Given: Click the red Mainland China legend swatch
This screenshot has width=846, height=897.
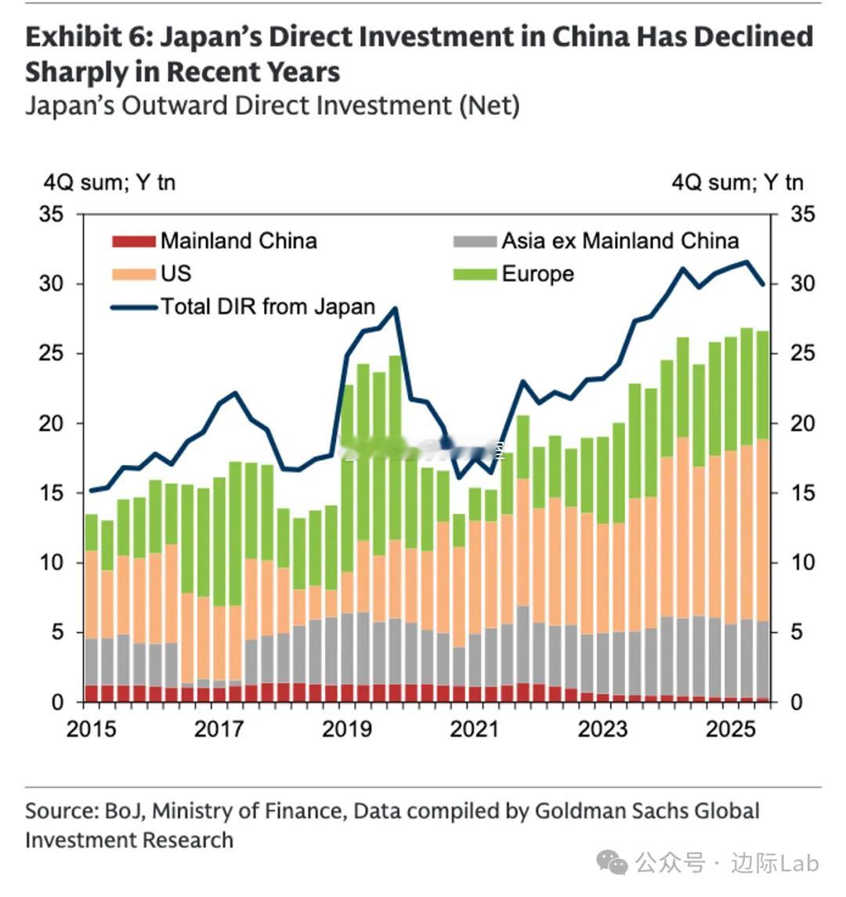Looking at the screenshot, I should [134, 241].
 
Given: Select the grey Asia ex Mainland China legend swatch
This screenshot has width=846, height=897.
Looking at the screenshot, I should [475, 241].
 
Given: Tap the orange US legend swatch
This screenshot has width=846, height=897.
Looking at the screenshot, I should [134, 274].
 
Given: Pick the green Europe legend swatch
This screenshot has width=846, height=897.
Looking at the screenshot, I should [475, 274].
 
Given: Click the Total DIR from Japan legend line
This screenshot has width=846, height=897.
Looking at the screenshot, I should [134, 307].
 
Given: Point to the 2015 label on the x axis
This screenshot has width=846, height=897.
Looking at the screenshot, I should [91, 729].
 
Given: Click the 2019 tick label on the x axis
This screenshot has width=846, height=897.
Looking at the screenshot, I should [346, 729].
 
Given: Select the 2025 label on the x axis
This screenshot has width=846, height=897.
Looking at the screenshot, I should [731, 729].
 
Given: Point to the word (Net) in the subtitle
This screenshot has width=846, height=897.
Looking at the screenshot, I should [490, 106].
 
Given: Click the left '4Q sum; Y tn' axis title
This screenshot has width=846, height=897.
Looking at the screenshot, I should [109, 183].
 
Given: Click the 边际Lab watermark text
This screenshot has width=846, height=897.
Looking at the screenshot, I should [775, 864].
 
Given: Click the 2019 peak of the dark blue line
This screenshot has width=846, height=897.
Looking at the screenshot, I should [395, 308].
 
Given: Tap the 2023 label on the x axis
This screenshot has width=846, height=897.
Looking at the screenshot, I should [602, 729].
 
